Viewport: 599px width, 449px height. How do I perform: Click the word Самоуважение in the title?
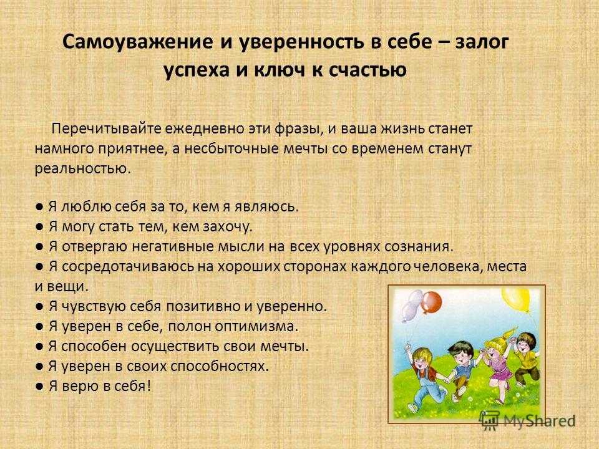click(x=137, y=42)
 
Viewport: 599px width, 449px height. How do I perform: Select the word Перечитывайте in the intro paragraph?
click(x=106, y=128)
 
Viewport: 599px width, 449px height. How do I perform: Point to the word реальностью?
click(x=83, y=168)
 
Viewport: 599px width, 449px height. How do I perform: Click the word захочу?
click(x=228, y=227)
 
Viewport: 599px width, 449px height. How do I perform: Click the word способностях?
click(x=219, y=366)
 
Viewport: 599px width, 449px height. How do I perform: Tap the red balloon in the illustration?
click(x=432, y=302)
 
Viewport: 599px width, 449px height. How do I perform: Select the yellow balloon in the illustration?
click(x=516, y=299)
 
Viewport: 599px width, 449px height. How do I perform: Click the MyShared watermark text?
click(x=539, y=421)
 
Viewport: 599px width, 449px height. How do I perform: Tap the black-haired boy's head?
click(x=461, y=351)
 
